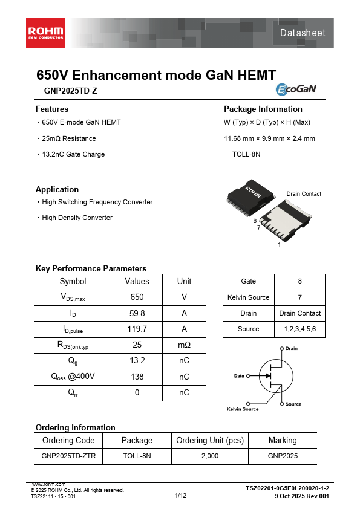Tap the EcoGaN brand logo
click(296, 89)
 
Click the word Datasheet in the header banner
click(303, 33)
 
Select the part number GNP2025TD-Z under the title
click(70, 91)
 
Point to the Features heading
click(52, 109)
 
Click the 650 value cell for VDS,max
click(137, 297)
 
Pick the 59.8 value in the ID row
click(137, 313)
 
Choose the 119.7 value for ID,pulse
click(137, 329)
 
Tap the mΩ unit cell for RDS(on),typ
click(184, 345)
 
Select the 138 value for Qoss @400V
click(137, 377)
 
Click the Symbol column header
click(73, 281)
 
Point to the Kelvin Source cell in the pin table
click(248, 297)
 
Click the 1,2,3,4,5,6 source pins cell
click(299, 329)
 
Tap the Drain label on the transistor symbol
click(291, 349)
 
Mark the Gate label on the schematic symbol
click(239, 376)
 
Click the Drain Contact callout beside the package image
click(304, 194)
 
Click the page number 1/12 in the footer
click(180, 496)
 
